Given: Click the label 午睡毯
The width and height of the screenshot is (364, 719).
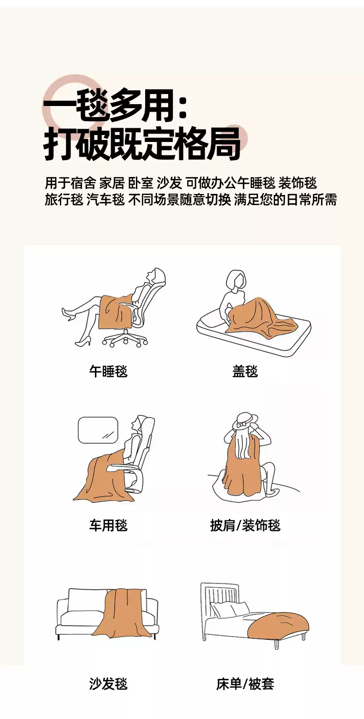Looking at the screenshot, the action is pyautogui.click(x=108, y=371).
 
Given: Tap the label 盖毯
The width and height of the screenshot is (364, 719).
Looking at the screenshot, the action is pyautogui.click(x=245, y=371).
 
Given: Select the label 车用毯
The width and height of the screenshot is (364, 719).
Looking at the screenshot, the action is pyautogui.click(x=108, y=525).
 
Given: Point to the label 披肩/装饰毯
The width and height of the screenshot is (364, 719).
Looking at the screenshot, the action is pyautogui.click(x=245, y=525).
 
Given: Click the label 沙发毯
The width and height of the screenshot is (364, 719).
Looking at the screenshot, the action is pyautogui.click(x=108, y=684).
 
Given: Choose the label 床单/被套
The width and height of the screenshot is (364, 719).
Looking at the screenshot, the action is pyautogui.click(x=245, y=684).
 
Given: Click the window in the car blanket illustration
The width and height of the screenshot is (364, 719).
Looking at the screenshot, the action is pyautogui.click(x=98, y=430).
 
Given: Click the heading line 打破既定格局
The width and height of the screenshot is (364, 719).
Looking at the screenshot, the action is pyautogui.click(x=142, y=144).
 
